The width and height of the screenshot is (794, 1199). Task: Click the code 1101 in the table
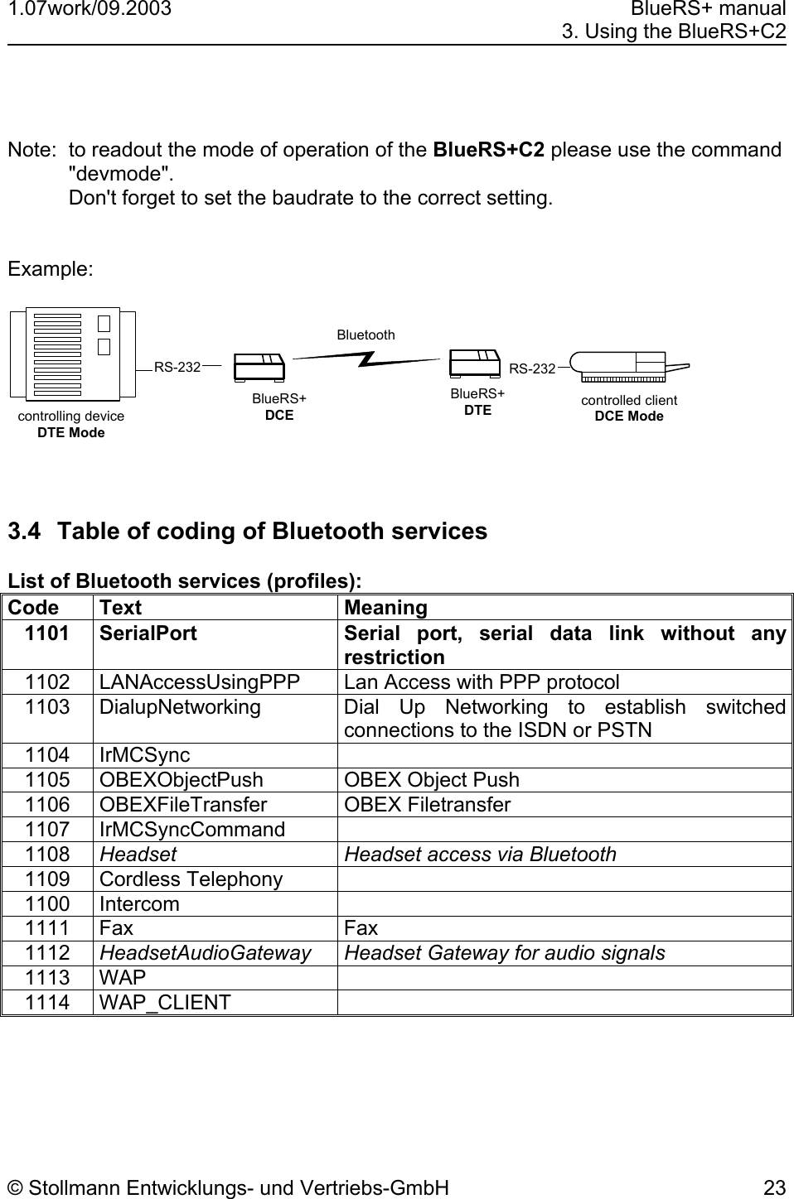point(46,633)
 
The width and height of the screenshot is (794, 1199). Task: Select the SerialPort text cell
point(148,633)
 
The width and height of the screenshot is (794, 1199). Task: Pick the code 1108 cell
point(47,854)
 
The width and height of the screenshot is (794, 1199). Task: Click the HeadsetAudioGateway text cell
point(206,953)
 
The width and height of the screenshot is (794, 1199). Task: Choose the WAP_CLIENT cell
point(165,1002)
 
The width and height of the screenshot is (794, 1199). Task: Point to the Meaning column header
point(385,608)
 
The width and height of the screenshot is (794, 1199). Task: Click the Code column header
point(33,608)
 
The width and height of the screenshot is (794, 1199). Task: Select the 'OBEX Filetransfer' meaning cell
point(427,804)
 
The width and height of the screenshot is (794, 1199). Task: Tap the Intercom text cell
point(139,903)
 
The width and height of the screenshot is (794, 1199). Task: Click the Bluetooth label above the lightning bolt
point(366,335)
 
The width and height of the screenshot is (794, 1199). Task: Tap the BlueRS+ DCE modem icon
point(259,370)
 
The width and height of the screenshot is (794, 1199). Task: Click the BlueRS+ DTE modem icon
point(475,364)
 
